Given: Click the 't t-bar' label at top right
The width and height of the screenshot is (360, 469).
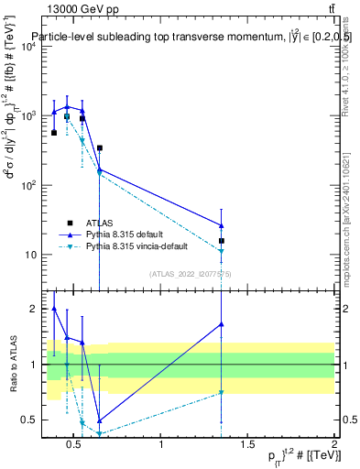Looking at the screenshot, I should (x=331, y=9).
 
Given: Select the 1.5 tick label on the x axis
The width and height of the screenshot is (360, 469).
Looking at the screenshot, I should (x=247, y=445).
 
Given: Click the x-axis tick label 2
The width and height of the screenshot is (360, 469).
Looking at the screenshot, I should (x=333, y=445).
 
